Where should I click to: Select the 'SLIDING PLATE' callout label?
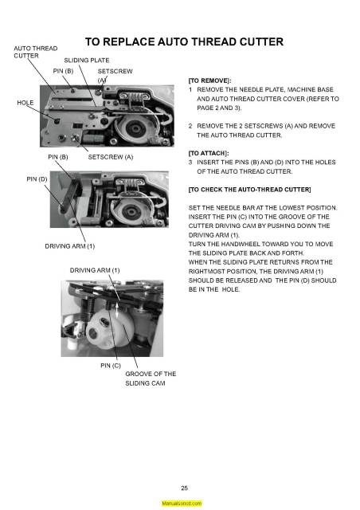point(86,61)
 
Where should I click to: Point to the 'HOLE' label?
point(25,103)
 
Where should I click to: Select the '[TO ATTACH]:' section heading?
point(209,151)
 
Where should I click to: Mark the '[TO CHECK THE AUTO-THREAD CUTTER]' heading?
point(249,190)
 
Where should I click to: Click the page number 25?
point(184,488)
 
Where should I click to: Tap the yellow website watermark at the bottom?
point(181,504)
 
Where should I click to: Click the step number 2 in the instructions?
point(190,126)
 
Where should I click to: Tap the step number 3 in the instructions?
point(190,162)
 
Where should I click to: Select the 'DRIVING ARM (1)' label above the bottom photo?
point(95,271)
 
